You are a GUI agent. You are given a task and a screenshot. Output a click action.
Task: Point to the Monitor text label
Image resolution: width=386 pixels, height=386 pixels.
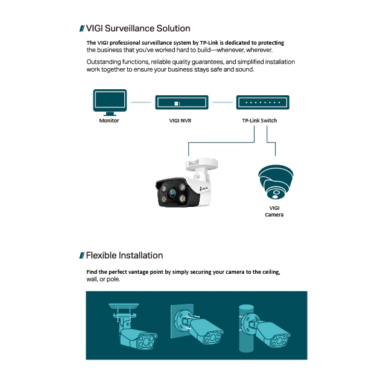(x=109, y=121)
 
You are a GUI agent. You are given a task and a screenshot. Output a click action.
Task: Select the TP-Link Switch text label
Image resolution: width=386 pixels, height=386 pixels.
(x=259, y=121)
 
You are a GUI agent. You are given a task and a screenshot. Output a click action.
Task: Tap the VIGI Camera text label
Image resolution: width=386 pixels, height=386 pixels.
(x=274, y=211)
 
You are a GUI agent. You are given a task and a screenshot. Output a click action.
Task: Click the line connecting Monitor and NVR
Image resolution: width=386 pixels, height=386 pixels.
(x=141, y=103)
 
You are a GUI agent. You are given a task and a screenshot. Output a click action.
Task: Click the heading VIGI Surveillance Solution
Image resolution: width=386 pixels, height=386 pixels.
(x=138, y=28)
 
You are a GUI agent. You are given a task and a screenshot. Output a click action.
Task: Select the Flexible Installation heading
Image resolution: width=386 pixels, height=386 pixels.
(x=124, y=255)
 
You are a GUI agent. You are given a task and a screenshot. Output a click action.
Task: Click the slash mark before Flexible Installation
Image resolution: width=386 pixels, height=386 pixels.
(x=81, y=256)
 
